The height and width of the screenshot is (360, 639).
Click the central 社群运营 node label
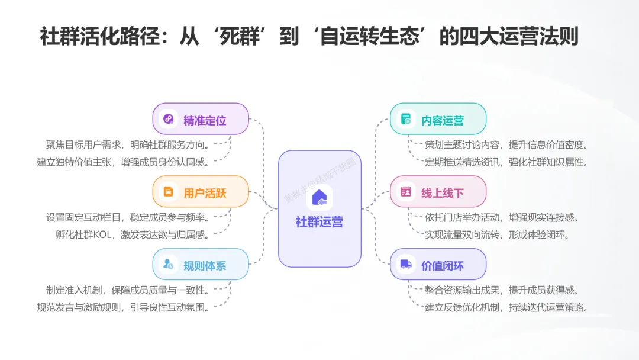click(x=319, y=222)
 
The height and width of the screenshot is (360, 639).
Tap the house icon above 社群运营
click(x=319, y=197)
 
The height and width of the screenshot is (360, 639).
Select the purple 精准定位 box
click(x=201, y=119)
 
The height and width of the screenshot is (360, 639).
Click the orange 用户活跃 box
click(x=201, y=192)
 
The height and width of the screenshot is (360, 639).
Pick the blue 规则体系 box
click(x=201, y=265)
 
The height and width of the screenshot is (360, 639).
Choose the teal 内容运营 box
click(x=438, y=119)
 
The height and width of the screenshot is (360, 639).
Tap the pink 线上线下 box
click(x=438, y=192)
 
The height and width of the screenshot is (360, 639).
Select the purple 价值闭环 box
click(x=438, y=265)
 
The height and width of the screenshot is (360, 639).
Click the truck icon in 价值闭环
click(x=406, y=265)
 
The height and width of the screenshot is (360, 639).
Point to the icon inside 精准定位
click(x=169, y=119)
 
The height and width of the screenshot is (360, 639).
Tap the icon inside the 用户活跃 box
click(x=169, y=192)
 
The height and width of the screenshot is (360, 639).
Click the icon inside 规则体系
click(x=169, y=265)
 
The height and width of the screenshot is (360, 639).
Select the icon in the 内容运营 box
click(x=406, y=119)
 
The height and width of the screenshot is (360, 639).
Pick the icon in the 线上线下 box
click(x=406, y=192)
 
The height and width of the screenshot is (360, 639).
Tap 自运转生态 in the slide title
click(x=370, y=36)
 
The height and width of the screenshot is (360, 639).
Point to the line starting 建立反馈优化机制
click(x=506, y=307)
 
